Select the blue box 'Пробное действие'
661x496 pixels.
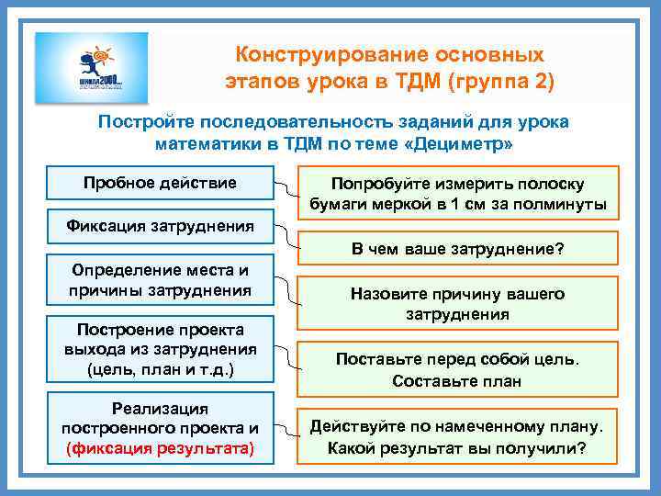(160, 184)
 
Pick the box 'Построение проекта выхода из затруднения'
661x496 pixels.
(160, 350)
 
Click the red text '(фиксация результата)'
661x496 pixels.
(160, 448)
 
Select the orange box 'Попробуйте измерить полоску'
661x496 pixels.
(458, 194)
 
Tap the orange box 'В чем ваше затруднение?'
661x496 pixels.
(458, 249)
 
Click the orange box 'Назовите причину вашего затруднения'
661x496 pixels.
(458, 304)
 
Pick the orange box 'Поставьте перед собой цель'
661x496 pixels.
(458, 369)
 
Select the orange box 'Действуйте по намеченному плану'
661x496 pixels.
(458, 436)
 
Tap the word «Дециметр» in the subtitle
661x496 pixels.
(466, 144)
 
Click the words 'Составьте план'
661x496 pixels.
(457, 381)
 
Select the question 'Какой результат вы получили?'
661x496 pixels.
(458, 448)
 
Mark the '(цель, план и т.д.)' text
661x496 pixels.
(160, 371)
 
